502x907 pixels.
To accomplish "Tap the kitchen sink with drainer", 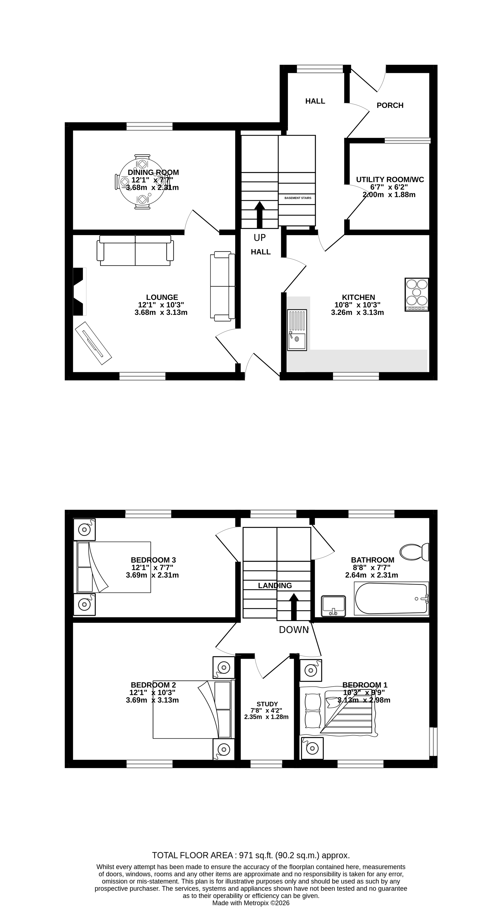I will click(297, 330).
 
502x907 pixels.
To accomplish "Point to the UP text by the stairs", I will click(260, 238).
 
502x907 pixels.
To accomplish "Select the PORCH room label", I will click(390, 105).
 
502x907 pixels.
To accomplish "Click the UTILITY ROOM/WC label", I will click(390, 180).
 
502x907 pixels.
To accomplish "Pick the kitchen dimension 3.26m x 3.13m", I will click(357, 312).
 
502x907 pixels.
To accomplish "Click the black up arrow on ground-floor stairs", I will click(260, 215).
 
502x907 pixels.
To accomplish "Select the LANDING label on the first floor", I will click(275, 585).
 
